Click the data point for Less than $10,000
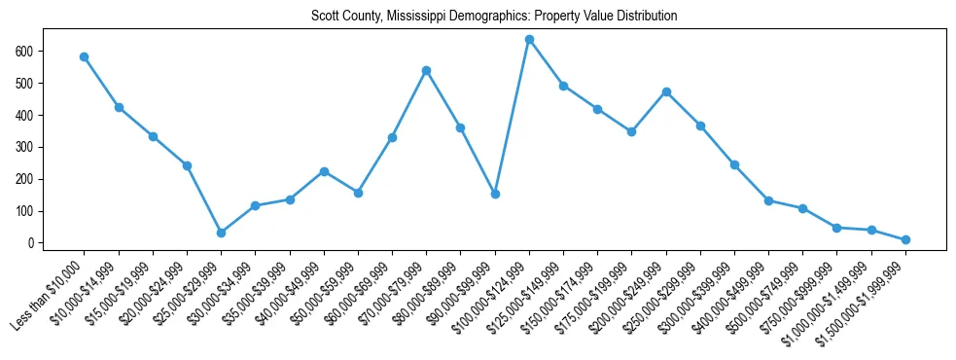(x=85, y=56)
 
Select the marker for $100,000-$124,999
(x=529, y=39)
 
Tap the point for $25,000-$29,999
(x=221, y=233)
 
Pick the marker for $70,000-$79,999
(x=426, y=70)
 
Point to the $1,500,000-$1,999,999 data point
(x=905, y=239)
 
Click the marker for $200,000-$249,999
(x=666, y=91)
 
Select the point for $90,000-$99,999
(x=495, y=194)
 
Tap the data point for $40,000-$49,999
(x=324, y=171)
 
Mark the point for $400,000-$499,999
(x=768, y=200)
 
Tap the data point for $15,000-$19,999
(x=153, y=136)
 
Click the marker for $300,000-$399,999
(x=734, y=164)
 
